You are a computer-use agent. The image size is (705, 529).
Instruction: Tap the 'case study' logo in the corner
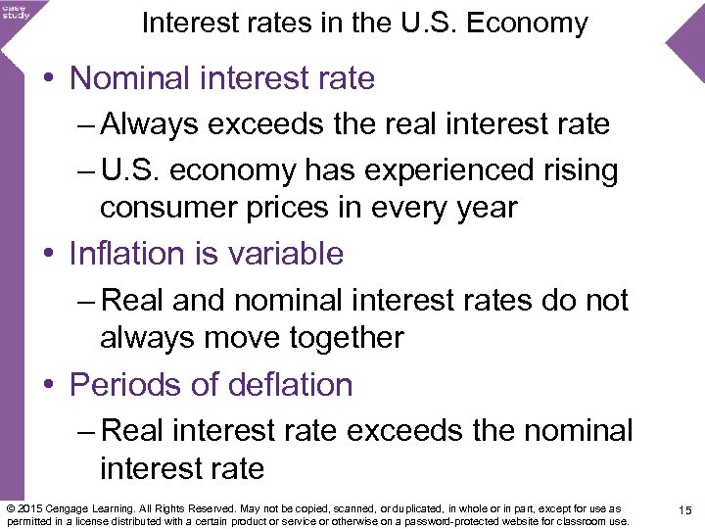[17, 11]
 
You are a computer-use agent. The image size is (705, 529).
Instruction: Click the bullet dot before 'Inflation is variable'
[49, 255]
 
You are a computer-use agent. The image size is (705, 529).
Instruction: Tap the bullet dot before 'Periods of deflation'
[49, 385]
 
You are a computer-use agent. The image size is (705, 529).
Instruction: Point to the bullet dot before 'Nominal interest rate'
[49, 79]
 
